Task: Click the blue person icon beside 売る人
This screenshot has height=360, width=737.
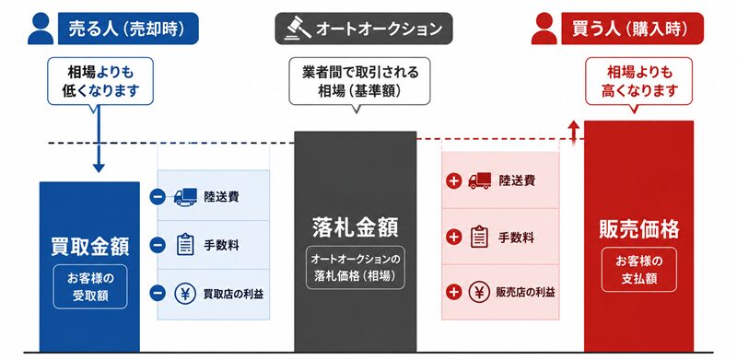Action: (41, 29)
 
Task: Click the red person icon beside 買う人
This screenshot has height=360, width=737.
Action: (544, 29)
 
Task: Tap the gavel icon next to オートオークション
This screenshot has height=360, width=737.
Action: (298, 29)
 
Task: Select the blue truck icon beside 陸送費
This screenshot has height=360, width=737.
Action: (185, 197)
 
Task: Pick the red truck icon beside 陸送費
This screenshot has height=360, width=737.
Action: (479, 180)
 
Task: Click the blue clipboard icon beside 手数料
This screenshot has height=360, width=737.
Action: (185, 244)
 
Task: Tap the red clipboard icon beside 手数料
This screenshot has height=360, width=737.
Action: (479, 237)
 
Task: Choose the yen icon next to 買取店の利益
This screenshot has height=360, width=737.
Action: (185, 294)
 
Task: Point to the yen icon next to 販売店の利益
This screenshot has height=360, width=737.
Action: (479, 292)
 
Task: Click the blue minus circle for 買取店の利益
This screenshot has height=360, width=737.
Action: (158, 294)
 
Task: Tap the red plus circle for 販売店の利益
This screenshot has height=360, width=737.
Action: (453, 292)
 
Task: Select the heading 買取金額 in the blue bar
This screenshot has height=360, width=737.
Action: (89, 247)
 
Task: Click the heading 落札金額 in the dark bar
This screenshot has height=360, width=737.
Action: (356, 227)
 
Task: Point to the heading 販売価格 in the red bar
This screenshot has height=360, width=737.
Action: (638, 229)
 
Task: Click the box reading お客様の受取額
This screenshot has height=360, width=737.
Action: (89, 286)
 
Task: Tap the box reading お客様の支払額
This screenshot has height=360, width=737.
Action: (638, 269)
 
